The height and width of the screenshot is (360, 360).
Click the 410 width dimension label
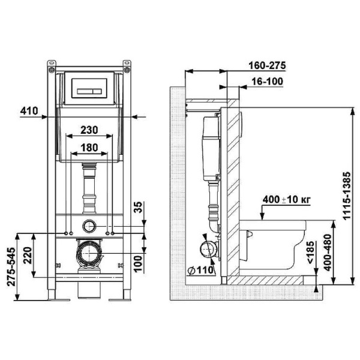[29, 111]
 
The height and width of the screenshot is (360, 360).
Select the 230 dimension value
[89, 130]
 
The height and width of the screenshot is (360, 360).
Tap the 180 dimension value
[89, 148]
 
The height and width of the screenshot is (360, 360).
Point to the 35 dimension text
[138, 208]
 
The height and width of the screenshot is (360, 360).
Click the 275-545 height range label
[11, 266]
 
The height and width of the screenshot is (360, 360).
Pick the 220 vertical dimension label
[28, 256]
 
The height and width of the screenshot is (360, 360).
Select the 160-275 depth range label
[267, 65]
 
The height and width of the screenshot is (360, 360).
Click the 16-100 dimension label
[268, 82]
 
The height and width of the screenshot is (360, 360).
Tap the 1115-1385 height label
[346, 196]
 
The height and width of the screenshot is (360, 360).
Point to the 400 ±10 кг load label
[287, 200]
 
